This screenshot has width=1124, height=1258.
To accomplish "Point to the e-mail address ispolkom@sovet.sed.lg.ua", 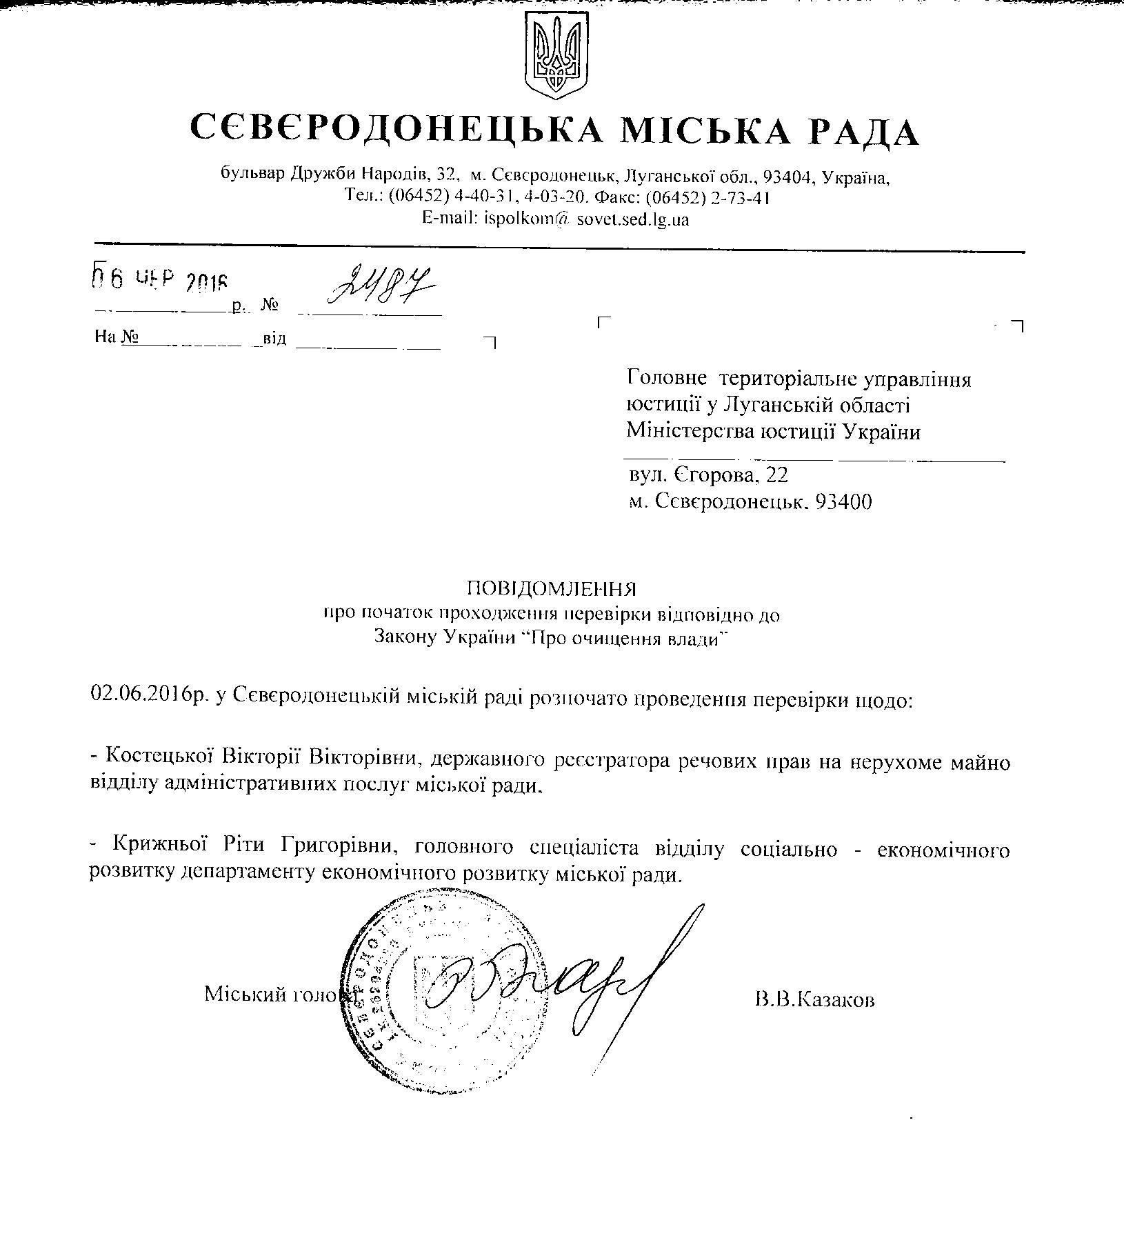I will (556, 219).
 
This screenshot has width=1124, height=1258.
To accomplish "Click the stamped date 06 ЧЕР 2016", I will (159, 281).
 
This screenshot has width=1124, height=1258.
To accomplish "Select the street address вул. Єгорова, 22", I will (707, 475).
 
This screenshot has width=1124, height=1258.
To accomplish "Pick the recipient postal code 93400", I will (843, 501).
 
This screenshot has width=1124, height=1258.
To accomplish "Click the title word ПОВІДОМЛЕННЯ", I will (551, 588).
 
